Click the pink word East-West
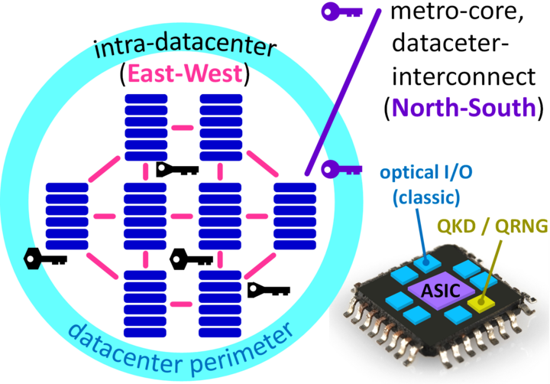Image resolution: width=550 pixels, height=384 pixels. coord(185,73)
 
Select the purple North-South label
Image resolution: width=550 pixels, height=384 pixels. coord(464,107)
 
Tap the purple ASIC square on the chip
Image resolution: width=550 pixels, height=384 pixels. coord(441,290)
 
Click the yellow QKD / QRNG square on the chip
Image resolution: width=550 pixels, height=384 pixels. coord(481,302)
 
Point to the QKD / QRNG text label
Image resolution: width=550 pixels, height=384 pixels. coord(493,226)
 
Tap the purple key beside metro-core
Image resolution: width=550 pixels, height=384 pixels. coord(341,12)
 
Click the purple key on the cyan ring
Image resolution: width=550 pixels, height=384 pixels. coord(341,170)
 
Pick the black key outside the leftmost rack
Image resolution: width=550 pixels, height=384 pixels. coord(45,259)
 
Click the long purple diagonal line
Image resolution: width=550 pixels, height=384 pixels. coord(343,92)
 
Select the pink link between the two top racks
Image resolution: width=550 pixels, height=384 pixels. coord(183,128)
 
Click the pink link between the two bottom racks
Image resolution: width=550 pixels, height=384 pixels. coord(181,304)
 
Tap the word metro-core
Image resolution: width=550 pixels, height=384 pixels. coord(457,13)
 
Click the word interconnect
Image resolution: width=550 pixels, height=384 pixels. coord(464,76)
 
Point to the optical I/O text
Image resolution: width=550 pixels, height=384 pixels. coord(426,173)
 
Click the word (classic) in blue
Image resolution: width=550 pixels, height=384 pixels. coord(426,197)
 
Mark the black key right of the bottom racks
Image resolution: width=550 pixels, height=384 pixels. coord(269,290)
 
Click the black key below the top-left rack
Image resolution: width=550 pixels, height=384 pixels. coord(177,170)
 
